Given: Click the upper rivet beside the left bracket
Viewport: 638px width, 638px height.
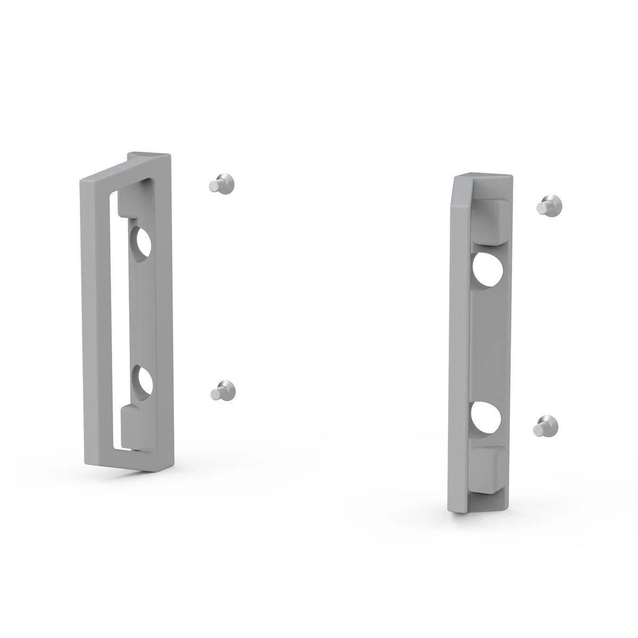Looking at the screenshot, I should pyautogui.click(x=221, y=183).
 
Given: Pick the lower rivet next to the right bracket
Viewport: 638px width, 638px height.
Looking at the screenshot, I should pyautogui.click(x=546, y=426).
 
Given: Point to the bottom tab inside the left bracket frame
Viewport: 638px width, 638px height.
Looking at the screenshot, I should pyautogui.click(x=133, y=425).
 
